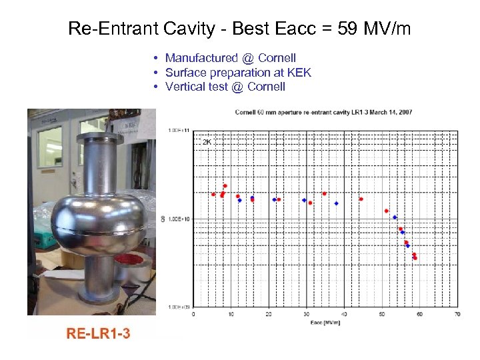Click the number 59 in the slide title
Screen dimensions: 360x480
click(355, 29)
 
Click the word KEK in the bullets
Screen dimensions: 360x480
click(299, 73)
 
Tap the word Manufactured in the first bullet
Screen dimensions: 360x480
click(197, 58)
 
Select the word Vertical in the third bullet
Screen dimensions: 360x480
click(185, 87)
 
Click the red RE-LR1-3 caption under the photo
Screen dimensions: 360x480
click(98, 333)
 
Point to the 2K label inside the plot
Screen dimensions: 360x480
click(207, 142)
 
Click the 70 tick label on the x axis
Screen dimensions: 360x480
click(457, 313)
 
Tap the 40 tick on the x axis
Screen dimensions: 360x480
click(344, 313)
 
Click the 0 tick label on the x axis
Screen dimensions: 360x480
click(193, 313)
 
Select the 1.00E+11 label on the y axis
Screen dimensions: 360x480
click(178, 130)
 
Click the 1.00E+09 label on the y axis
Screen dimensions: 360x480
click(178, 307)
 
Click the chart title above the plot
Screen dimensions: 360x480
click(323, 112)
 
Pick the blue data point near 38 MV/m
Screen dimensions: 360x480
click(336, 203)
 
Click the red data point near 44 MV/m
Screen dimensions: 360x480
click(361, 199)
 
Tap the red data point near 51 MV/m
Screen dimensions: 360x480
click(386, 211)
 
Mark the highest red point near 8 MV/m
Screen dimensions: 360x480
click(225, 185)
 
